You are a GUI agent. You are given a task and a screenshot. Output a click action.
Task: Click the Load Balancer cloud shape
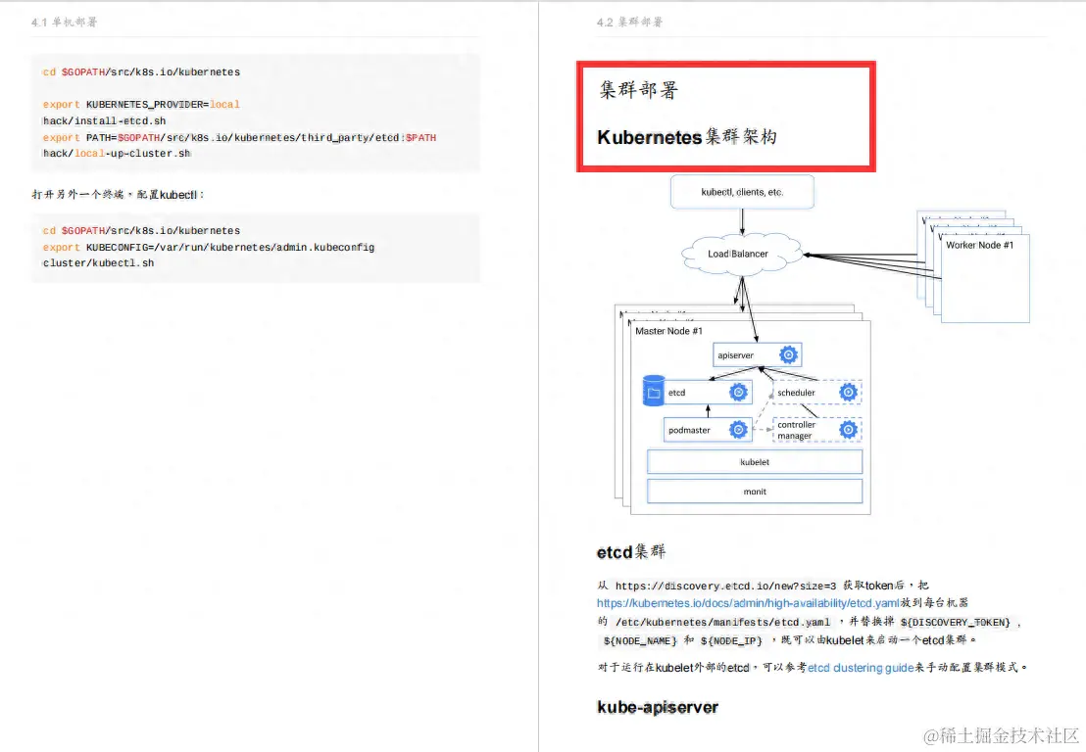(x=738, y=254)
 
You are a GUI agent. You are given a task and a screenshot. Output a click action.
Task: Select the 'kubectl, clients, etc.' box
(x=742, y=192)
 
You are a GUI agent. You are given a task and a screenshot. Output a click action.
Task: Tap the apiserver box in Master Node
(x=758, y=354)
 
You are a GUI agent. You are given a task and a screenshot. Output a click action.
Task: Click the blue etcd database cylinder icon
(x=653, y=392)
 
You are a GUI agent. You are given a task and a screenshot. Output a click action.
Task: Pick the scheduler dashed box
(x=816, y=393)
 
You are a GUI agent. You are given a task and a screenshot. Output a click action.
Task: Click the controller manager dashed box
(x=816, y=430)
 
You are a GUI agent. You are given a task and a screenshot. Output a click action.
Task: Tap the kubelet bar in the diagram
(x=754, y=461)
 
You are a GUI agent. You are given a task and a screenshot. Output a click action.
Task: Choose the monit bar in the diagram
(x=754, y=492)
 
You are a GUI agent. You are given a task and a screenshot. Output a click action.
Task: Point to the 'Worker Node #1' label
(x=979, y=245)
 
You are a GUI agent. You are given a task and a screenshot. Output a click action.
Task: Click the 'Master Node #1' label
(x=668, y=331)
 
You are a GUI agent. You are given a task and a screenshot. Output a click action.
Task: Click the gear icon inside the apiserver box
(x=787, y=354)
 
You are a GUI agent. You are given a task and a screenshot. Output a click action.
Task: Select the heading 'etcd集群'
(x=630, y=552)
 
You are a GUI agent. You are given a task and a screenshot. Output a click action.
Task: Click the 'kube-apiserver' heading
(x=657, y=707)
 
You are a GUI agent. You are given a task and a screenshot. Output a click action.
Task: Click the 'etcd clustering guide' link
(x=860, y=667)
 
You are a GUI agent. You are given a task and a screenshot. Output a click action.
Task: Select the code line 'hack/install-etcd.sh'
(x=104, y=120)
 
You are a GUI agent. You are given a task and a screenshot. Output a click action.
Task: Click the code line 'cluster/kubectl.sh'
(x=98, y=262)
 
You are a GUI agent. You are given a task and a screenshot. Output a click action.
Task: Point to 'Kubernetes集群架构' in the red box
(x=686, y=137)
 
